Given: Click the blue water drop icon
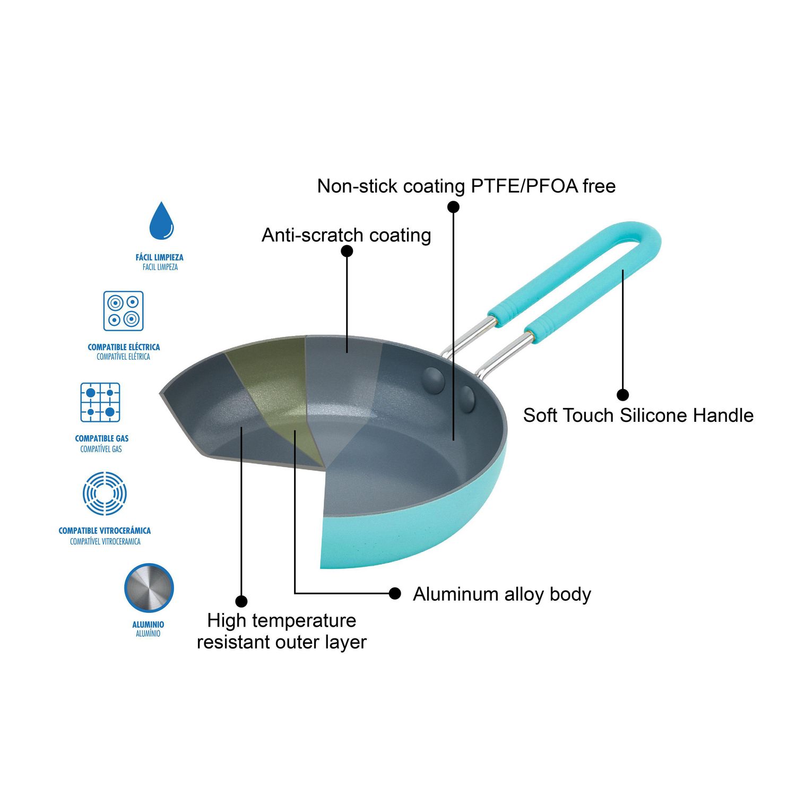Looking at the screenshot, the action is point(161,221).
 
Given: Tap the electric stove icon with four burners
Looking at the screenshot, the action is point(123,311).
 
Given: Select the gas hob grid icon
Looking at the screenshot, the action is point(100,402).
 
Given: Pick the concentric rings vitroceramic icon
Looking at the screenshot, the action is point(105,494).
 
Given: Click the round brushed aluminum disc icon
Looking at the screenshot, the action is point(149,588).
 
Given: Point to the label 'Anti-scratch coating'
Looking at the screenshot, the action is point(346,235).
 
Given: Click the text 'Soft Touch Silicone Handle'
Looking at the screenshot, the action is point(638,415).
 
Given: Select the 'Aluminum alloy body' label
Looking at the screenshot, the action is point(502,594).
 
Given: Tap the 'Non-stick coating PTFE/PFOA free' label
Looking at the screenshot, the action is point(466,186).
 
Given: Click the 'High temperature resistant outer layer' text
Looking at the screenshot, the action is point(282,631).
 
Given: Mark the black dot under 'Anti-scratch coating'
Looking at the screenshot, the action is point(347,251).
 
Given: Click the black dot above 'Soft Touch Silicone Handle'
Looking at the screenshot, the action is point(623,394).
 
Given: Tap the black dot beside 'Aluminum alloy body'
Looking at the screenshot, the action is point(395,593).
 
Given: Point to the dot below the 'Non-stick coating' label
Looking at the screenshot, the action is point(453,206).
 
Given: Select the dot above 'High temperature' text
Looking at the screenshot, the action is point(241,601).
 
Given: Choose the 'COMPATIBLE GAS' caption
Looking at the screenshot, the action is point(102,438).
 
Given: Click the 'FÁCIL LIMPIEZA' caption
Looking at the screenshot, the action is point(160,257).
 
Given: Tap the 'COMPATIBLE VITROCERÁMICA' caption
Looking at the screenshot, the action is point(105,531).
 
